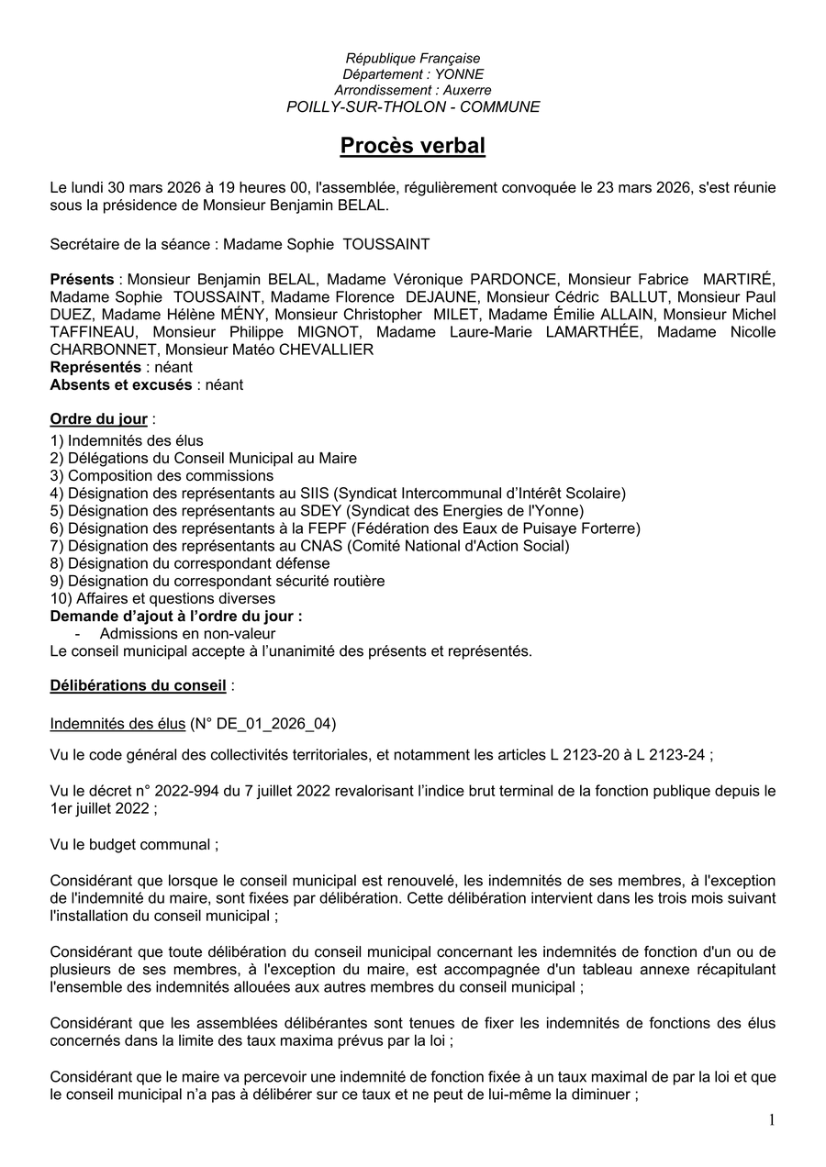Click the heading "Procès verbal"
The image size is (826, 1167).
pyautogui.click(x=412, y=146)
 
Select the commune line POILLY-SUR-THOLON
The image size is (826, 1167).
pyautogui.click(x=412, y=106)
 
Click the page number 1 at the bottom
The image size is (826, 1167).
pyautogui.click(x=772, y=1119)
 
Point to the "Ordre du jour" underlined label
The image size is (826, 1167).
pyautogui.click(x=98, y=419)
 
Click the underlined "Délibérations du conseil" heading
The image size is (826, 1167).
pyautogui.click(x=138, y=685)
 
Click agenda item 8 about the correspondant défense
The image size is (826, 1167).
pyautogui.click(x=190, y=563)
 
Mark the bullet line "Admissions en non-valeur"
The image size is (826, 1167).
pyautogui.click(x=187, y=634)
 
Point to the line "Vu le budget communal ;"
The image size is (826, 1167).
pyautogui.click(x=134, y=845)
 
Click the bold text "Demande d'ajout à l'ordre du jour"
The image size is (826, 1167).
pyautogui.click(x=174, y=617)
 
